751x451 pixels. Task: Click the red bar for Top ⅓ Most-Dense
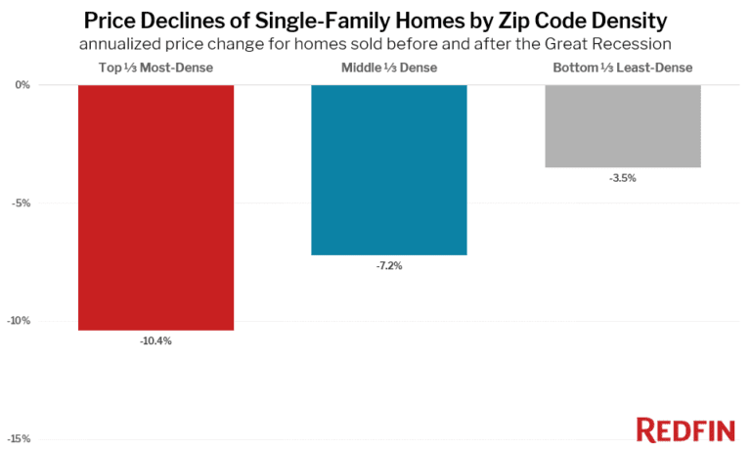point(155,207)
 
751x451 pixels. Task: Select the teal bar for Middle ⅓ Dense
point(389,170)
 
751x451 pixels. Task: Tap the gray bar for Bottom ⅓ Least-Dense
point(622,126)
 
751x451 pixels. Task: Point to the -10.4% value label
point(155,340)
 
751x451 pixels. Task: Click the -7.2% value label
point(389,265)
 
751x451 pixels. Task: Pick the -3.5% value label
point(622,178)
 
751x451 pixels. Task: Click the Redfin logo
point(686,428)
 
